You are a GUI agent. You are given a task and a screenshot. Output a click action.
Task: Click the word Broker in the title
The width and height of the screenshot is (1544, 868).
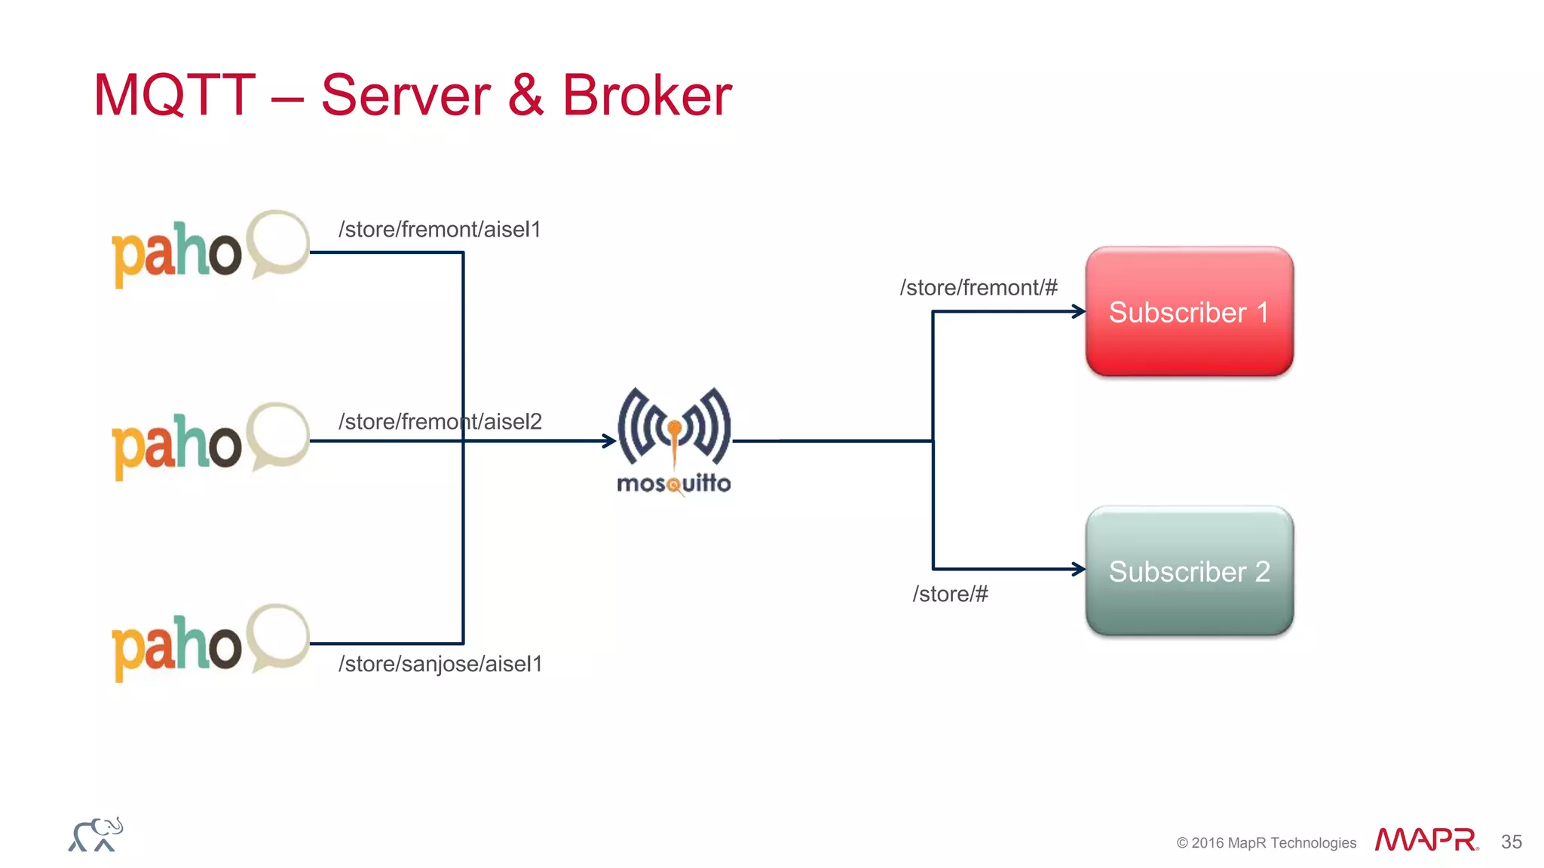(647, 96)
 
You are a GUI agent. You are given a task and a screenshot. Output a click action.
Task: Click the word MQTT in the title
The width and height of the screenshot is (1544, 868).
(174, 96)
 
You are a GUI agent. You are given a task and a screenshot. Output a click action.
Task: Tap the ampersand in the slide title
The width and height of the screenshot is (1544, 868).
(525, 96)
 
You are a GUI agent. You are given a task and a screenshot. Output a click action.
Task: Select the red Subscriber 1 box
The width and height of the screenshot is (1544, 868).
(1189, 311)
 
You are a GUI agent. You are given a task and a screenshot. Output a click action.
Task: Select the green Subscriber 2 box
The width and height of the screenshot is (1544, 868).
(1189, 570)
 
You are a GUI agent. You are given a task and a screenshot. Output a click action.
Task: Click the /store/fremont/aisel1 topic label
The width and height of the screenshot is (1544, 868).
(440, 229)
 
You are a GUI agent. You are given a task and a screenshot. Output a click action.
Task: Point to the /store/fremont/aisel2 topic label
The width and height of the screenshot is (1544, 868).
(440, 421)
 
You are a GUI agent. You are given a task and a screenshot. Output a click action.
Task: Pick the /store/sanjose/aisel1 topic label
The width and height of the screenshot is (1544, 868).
(440, 664)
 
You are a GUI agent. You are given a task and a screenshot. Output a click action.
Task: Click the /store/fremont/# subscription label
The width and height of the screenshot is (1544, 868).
(978, 287)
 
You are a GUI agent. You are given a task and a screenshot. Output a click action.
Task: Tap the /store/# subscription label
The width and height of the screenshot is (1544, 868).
(950, 594)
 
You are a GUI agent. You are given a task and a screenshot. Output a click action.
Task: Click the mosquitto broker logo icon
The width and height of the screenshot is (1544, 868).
(674, 427)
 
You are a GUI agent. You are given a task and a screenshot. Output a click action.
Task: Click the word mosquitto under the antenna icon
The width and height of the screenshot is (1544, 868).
(674, 483)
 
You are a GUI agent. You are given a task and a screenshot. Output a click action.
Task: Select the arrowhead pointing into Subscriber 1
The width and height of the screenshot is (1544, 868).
(1079, 311)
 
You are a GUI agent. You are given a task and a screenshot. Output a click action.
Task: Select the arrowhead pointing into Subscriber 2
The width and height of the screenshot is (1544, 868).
(1079, 569)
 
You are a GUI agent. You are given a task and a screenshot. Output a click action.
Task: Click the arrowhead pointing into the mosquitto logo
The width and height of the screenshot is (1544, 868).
(609, 441)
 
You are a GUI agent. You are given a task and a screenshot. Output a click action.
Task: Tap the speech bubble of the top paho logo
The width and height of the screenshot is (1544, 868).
(277, 243)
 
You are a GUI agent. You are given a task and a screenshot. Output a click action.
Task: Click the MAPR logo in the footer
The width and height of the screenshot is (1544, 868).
(1426, 839)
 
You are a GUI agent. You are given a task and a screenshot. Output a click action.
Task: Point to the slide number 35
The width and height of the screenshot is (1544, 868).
(1511, 842)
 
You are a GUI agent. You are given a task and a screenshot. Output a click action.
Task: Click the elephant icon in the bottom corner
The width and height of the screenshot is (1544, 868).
(96, 835)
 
